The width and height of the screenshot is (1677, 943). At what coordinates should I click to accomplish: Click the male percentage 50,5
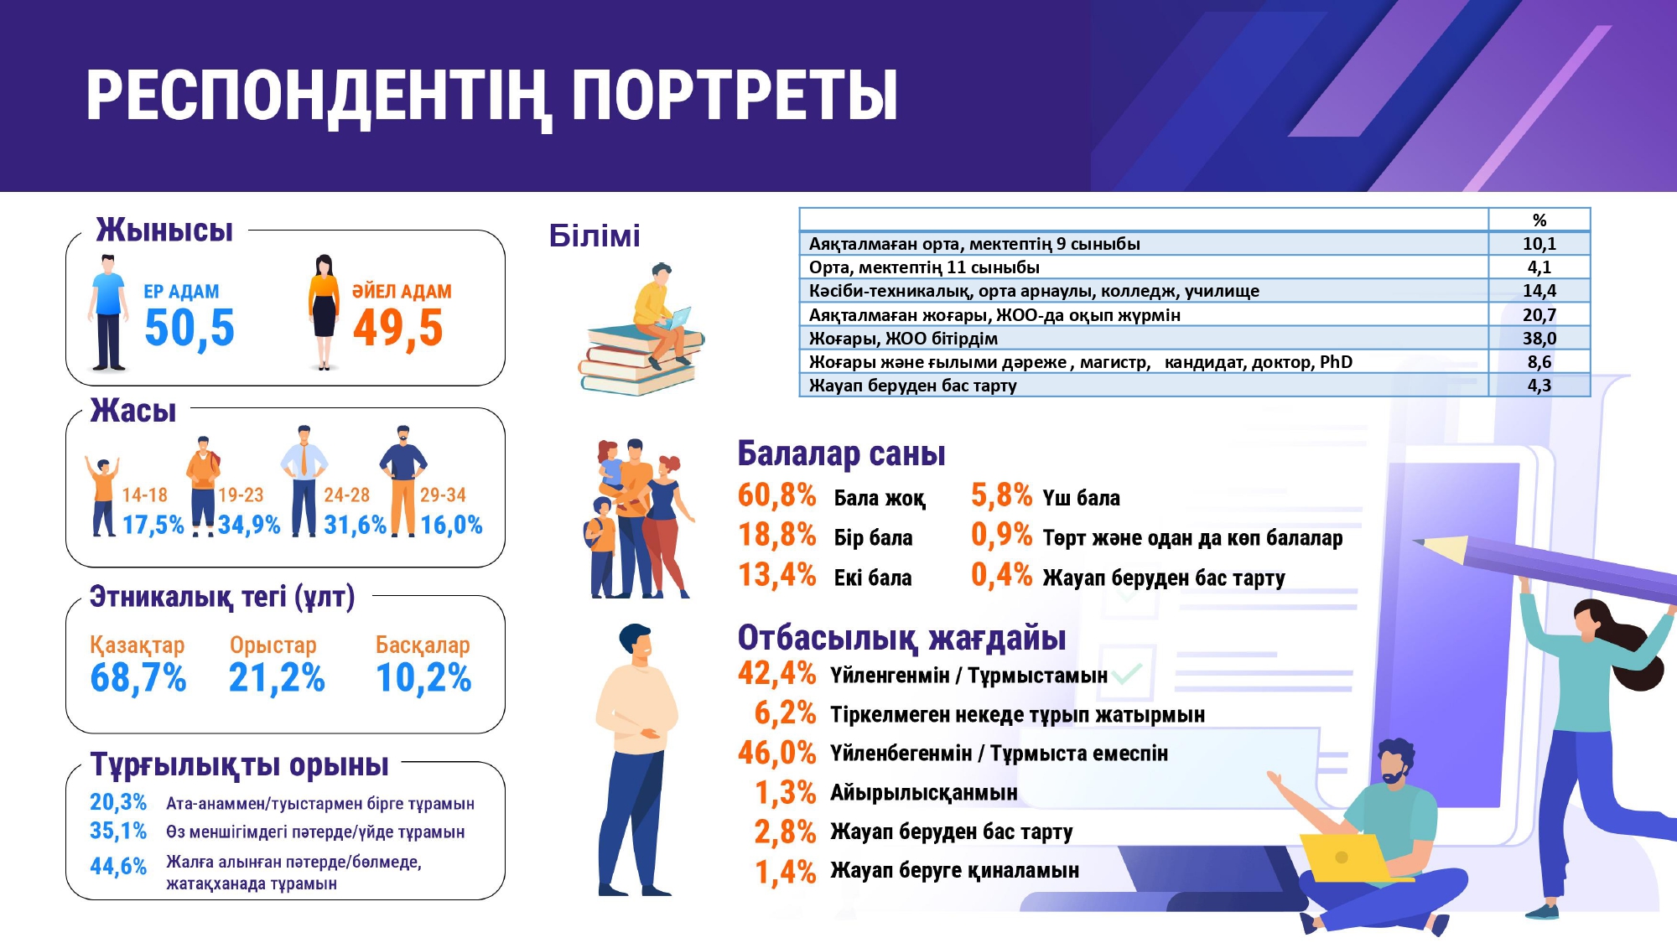click(190, 329)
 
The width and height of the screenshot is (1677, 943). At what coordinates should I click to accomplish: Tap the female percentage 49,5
click(398, 329)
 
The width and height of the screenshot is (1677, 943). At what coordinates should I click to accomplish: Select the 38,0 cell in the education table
click(1539, 339)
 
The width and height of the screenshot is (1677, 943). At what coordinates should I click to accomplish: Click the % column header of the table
click(1539, 220)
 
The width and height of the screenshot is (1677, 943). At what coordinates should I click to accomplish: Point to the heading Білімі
click(594, 236)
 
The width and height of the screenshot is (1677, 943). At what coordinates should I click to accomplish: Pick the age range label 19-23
click(241, 495)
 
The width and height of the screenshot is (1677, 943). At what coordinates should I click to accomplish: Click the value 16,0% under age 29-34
click(451, 526)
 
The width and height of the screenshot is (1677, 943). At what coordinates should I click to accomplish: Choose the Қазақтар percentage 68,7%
click(138, 678)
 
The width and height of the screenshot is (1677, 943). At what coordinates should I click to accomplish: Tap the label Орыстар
click(273, 645)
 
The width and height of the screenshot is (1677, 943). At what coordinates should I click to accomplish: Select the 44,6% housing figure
click(118, 866)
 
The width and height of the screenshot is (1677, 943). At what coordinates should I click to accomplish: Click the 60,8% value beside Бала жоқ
click(777, 495)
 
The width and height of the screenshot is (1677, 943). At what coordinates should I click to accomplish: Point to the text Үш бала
click(1082, 498)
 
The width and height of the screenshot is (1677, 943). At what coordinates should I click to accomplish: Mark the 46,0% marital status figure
click(777, 753)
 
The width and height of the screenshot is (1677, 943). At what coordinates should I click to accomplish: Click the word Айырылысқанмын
click(924, 793)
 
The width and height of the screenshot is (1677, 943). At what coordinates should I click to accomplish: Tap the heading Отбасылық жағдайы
click(902, 638)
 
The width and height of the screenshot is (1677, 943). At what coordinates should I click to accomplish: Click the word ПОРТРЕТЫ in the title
click(735, 96)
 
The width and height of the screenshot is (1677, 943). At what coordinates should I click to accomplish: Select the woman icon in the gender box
click(324, 313)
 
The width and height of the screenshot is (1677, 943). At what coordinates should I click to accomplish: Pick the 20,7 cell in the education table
click(1539, 315)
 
